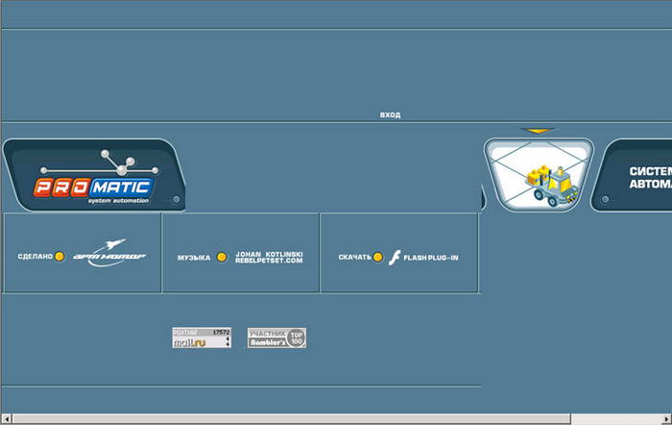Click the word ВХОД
(x=390, y=115)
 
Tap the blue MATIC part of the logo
(x=122, y=186)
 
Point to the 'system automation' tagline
(x=118, y=200)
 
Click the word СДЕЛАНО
(x=36, y=258)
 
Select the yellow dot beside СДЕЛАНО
(x=60, y=257)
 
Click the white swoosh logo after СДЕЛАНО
(x=109, y=254)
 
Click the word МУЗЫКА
(x=194, y=258)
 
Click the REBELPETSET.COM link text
(x=269, y=262)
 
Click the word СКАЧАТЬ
(x=354, y=258)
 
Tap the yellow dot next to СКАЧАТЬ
(x=378, y=257)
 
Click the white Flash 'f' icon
(x=394, y=257)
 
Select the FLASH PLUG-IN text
(x=431, y=258)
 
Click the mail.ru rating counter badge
(x=202, y=337)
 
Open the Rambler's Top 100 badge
(x=276, y=337)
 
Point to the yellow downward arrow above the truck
(x=539, y=131)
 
